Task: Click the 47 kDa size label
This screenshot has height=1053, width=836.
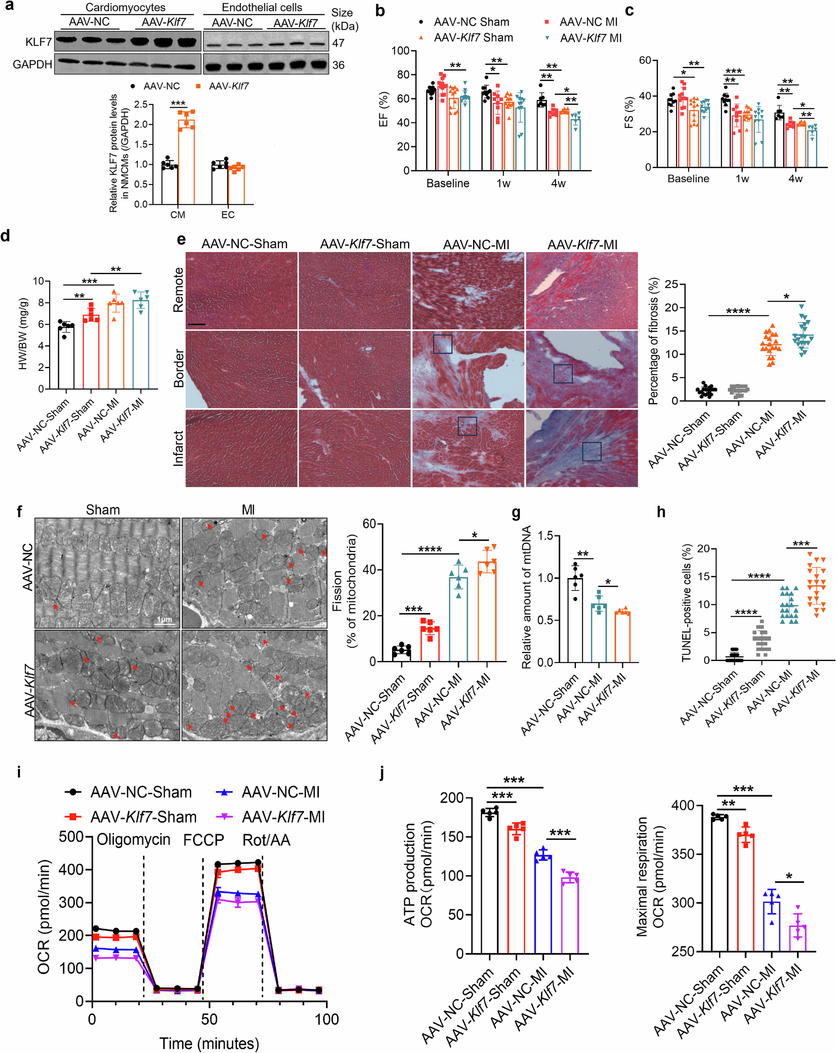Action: (x=338, y=43)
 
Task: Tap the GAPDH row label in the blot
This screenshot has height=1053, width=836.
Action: (x=32, y=64)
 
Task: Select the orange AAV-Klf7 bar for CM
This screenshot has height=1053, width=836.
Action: (x=186, y=161)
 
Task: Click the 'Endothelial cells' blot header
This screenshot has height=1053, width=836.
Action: (x=262, y=8)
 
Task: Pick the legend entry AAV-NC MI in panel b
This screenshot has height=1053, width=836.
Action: (x=588, y=22)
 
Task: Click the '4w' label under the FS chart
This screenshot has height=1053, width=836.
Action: (x=795, y=179)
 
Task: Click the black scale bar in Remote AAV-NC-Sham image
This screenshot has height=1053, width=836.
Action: (x=196, y=324)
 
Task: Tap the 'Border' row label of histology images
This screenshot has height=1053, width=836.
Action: (x=179, y=368)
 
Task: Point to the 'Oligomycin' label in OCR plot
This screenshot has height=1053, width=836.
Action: (x=133, y=839)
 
